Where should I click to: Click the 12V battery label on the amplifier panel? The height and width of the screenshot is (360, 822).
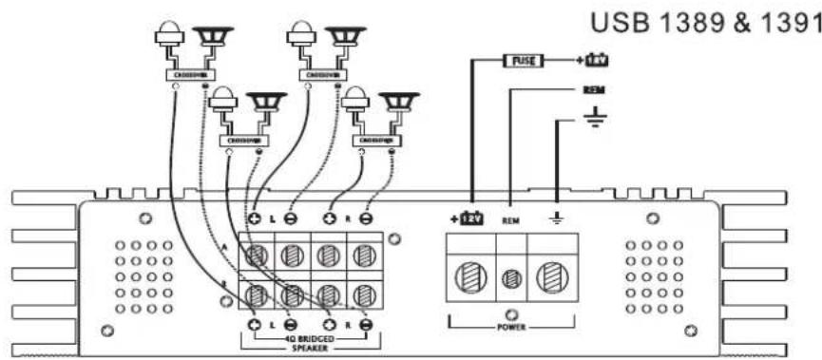[469, 218]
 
